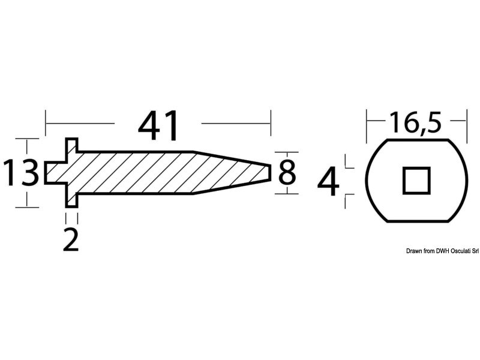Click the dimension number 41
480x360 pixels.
(159, 125)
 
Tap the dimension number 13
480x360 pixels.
(22, 173)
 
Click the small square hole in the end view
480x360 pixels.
(416, 180)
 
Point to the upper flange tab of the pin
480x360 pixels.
(72, 146)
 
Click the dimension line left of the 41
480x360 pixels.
(80, 124)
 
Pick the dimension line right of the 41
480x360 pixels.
(236, 124)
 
